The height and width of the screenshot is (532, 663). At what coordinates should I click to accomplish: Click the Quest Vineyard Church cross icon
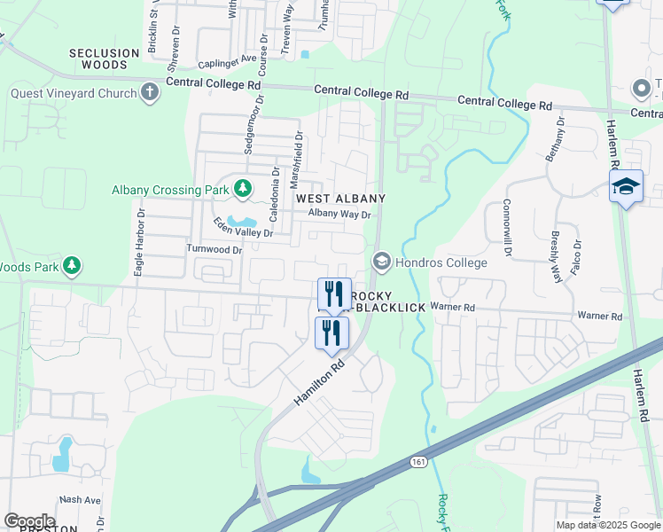point(150,91)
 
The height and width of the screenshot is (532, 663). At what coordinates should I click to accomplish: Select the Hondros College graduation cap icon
point(382,262)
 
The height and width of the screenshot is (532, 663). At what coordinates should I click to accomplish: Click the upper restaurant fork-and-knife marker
point(335,293)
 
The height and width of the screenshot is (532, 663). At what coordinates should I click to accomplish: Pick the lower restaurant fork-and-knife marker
point(332,333)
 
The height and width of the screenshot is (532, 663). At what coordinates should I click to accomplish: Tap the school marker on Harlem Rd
point(627,186)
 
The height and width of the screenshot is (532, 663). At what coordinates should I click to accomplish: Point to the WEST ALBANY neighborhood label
point(340,198)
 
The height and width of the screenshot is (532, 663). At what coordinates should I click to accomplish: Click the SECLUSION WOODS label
point(105,59)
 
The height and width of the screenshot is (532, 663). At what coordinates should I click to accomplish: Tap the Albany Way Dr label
point(339,214)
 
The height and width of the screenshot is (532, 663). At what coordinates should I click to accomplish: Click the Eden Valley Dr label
point(243,227)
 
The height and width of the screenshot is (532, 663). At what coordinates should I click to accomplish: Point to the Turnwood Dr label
point(214,250)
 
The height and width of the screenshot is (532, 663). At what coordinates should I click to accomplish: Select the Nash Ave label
point(80,500)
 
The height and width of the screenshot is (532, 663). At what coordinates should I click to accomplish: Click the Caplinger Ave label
point(227,64)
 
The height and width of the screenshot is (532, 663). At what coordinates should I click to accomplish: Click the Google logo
point(29,521)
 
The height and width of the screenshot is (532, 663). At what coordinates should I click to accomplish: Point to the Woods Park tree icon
point(72,265)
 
